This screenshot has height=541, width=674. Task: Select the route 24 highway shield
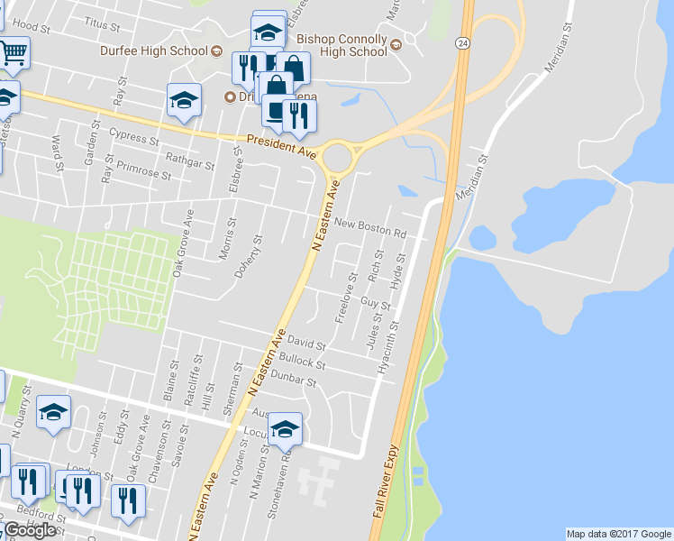[462, 42]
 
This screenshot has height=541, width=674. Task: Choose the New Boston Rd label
[369, 227]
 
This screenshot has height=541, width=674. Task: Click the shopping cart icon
[12, 53]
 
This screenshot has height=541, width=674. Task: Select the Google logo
[30, 530]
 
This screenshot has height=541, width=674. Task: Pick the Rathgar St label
[190, 165]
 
